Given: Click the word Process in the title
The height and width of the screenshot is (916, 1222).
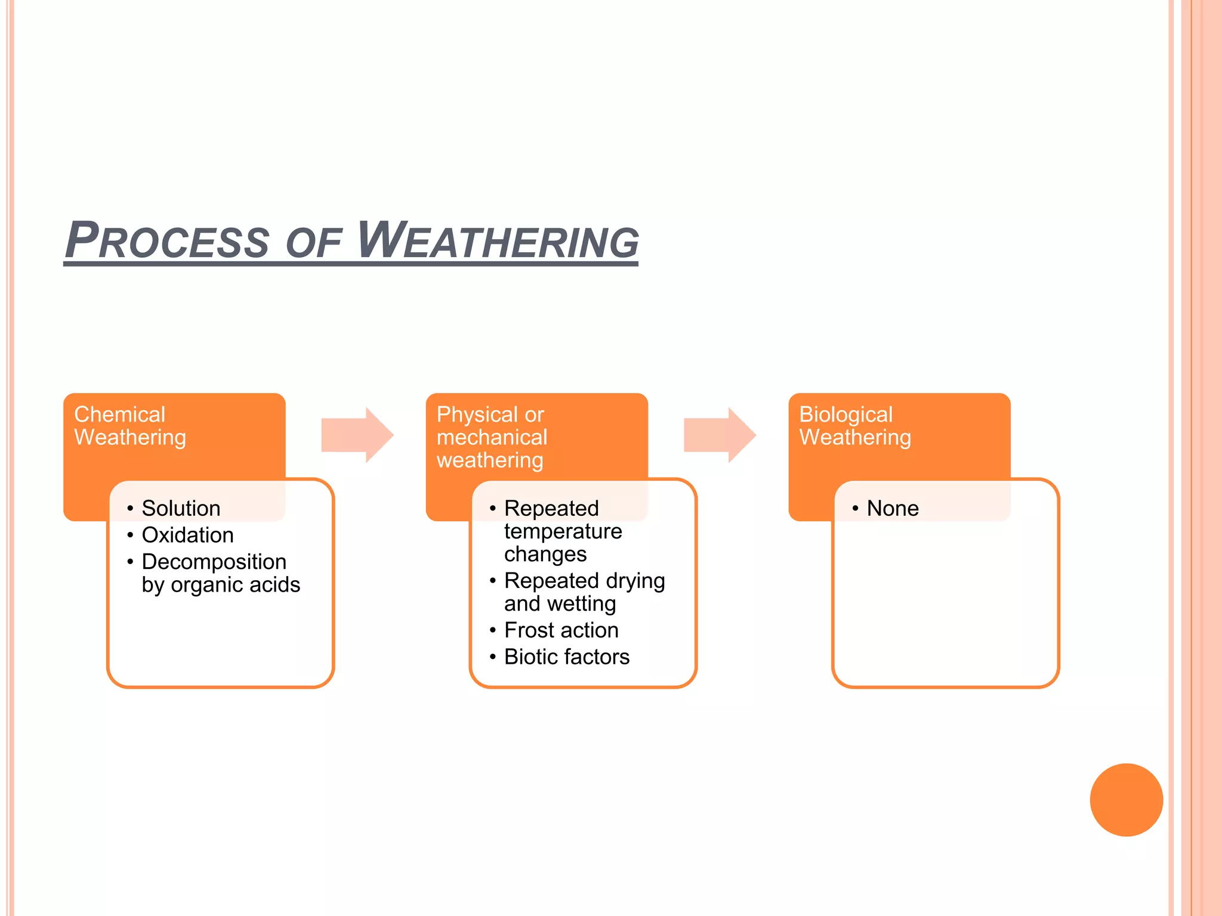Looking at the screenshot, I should click(x=167, y=241).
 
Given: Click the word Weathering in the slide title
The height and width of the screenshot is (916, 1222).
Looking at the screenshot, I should click(x=498, y=241).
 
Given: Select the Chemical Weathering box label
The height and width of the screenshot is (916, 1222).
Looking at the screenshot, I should click(x=130, y=426).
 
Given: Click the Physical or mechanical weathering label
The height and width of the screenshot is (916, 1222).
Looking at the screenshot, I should click(x=492, y=437).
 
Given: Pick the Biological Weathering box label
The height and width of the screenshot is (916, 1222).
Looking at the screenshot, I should click(x=854, y=426).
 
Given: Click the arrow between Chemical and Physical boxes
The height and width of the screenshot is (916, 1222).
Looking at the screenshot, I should click(x=357, y=435).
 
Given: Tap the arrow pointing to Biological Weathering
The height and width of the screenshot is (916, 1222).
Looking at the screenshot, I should click(x=720, y=435).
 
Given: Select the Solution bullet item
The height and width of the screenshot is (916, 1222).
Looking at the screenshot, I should click(x=181, y=508).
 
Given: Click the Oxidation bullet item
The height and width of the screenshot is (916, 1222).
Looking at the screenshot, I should click(x=187, y=535).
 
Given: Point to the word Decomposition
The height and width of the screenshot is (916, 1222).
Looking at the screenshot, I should click(x=214, y=562).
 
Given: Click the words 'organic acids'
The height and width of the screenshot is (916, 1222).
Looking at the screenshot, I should click(x=236, y=585).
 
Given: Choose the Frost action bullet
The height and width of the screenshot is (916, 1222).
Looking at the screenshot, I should click(x=561, y=630).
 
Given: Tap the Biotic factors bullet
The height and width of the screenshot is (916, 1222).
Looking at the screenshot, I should click(x=567, y=657).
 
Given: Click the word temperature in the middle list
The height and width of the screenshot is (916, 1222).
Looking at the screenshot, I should click(x=563, y=531).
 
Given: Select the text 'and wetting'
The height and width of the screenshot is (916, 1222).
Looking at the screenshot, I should click(x=560, y=604).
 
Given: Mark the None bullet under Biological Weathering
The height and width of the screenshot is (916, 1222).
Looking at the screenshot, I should click(x=892, y=508).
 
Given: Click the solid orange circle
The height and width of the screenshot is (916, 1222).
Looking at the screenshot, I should click(x=1126, y=800).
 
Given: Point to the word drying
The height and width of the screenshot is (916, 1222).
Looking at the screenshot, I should click(x=635, y=581).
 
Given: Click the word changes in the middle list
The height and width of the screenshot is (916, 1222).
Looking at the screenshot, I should click(x=545, y=555).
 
